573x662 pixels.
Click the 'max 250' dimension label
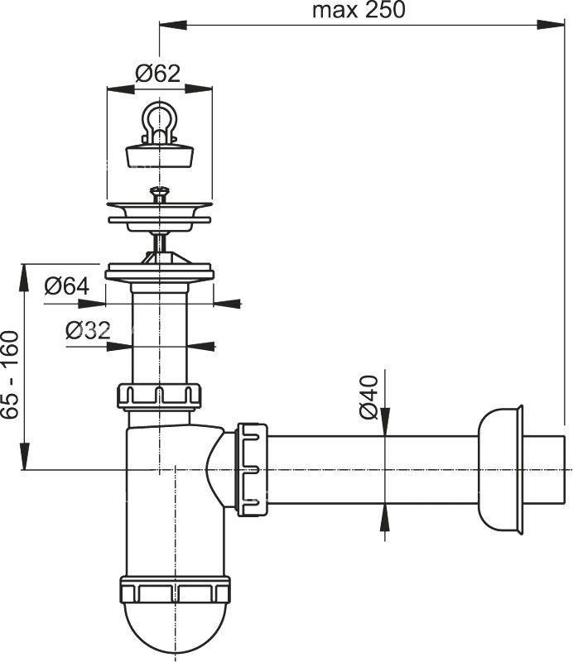(x=359, y=10)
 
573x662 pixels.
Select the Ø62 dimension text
(x=157, y=74)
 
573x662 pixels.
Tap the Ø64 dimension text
(x=67, y=286)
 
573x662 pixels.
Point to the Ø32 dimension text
(x=88, y=330)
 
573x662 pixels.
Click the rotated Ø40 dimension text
(x=368, y=397)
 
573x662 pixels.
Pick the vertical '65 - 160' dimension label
(x=10, y=376)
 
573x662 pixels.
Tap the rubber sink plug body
(x=160, y=155)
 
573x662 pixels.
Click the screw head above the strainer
(x=159, y=193)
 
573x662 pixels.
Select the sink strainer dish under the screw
(x=159, y=217)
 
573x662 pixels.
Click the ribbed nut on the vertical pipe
(x=159, y=396)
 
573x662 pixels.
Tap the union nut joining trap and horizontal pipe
(x=252, y=468)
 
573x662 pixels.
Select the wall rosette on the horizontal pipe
(x=501, y=469)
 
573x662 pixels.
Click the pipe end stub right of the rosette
(x=544, y=469)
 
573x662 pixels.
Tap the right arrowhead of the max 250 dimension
(x=551, y=24)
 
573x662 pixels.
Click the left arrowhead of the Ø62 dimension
(x=121, y=89)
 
